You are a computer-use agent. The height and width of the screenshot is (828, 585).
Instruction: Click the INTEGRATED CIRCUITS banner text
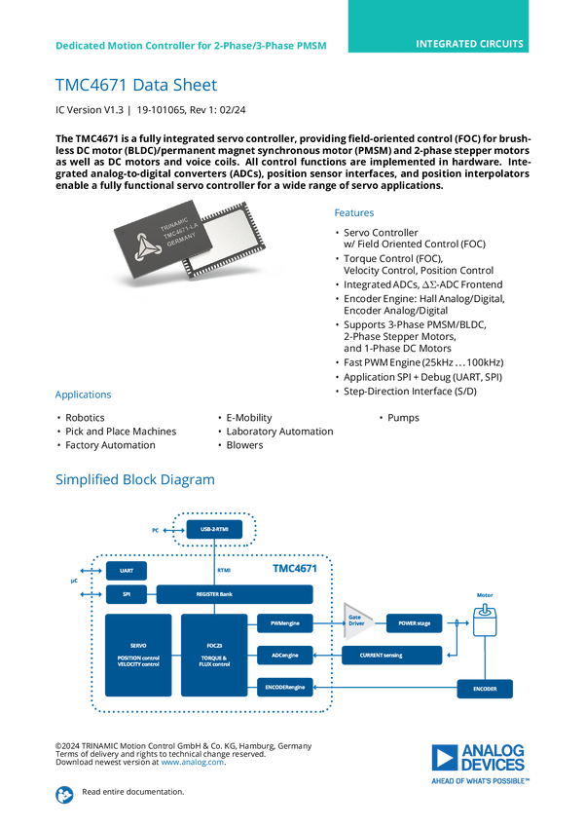(x=469, y=44)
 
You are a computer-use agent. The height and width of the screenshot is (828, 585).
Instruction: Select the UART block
(x=126, y=571)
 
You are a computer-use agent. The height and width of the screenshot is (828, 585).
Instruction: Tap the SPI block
(x=126, y=593)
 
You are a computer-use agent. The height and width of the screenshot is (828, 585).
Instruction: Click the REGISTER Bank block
(x=235, y=593)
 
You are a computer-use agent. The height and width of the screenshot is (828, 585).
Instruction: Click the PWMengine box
(x=285, y=621)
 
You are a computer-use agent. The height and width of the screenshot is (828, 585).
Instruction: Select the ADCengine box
(x=285, y=656)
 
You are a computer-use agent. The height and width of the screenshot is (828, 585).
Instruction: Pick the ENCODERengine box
(x=285, y=689)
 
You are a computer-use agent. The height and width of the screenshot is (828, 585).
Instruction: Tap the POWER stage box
(x=414, y=621)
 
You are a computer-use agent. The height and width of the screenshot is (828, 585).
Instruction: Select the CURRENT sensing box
(x=392, y=656)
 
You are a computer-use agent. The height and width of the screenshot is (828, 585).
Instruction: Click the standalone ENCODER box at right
(x=484, y=689)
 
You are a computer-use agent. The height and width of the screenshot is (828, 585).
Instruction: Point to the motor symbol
(x=484, y=620)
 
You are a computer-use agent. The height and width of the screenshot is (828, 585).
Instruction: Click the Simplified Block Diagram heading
(x=134, y=479)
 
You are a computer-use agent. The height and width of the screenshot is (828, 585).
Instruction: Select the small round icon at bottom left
(x=64, y=794)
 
